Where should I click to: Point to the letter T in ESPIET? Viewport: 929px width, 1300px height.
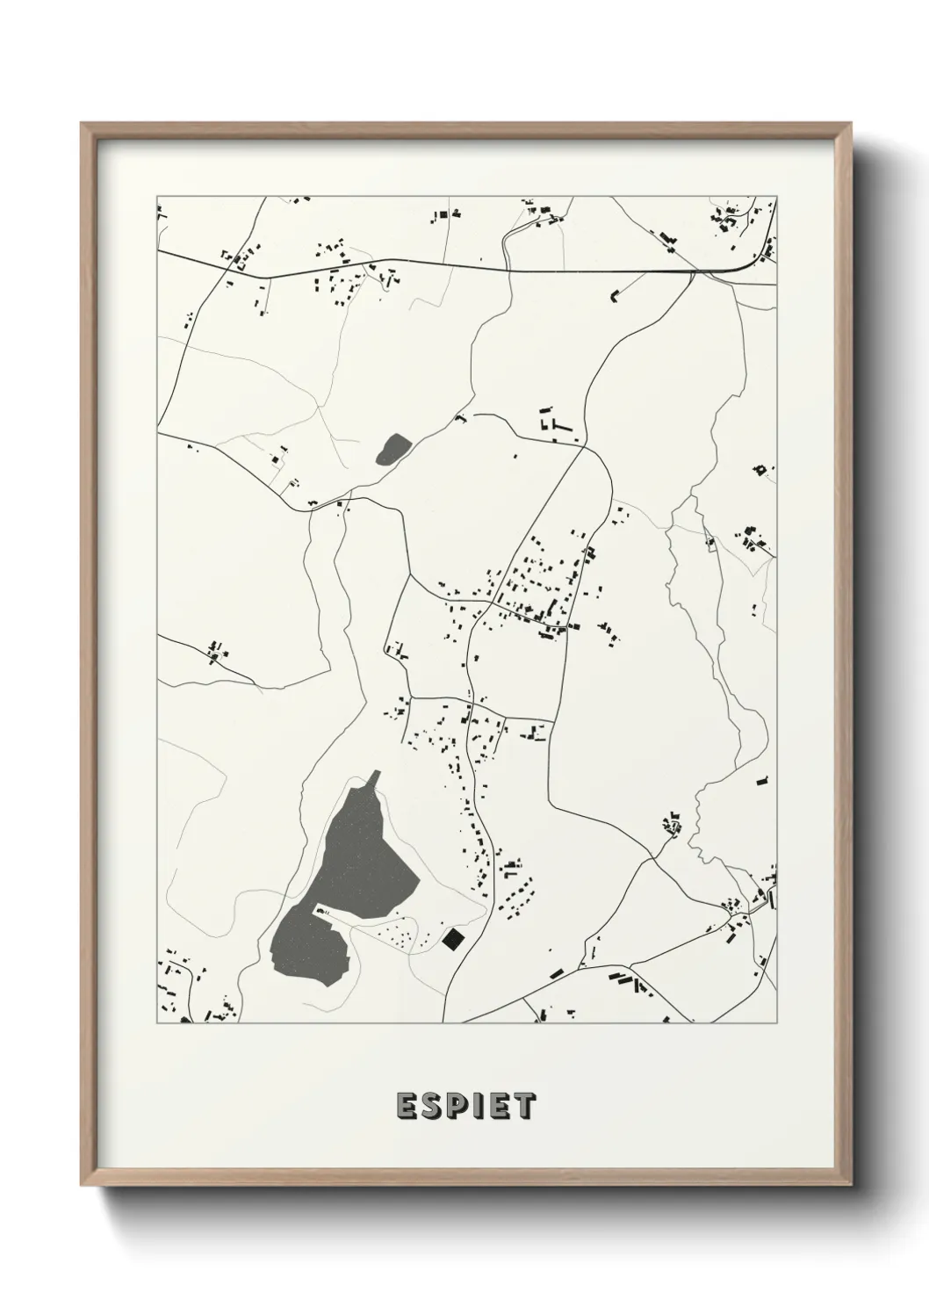click(x=523, y=1106)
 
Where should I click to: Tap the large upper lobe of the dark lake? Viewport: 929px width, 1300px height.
click(x=364, y=856)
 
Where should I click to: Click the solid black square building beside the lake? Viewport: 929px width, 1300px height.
click(x=453, y=940)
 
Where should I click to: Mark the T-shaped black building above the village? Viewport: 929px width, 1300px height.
click(x=558, y=425)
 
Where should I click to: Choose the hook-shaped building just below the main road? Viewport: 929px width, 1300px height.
click(x=615, y=295)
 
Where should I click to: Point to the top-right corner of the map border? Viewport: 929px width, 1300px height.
click(x=777, y=196)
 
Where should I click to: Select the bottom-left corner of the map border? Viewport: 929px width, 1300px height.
click(x=157, y=1023)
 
